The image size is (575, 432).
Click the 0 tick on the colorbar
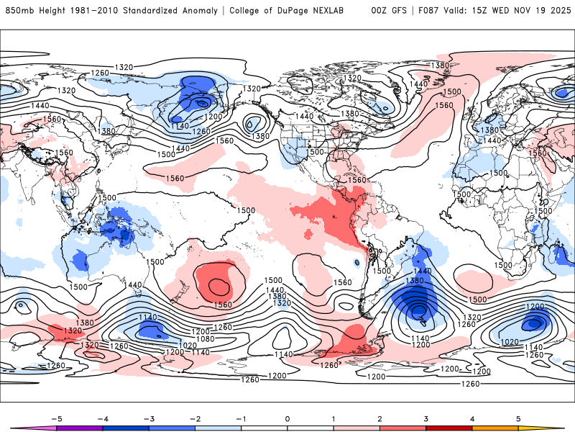coord(287,418)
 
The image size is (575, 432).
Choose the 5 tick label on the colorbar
coord(518,418)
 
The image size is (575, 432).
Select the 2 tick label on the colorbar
coord(379,418)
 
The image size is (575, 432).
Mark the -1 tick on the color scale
coord(240,418)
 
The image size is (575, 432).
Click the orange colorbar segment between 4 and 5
coord(495,428)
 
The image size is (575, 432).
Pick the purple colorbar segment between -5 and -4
coord(79,428)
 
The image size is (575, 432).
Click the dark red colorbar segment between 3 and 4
coord(449,428)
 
